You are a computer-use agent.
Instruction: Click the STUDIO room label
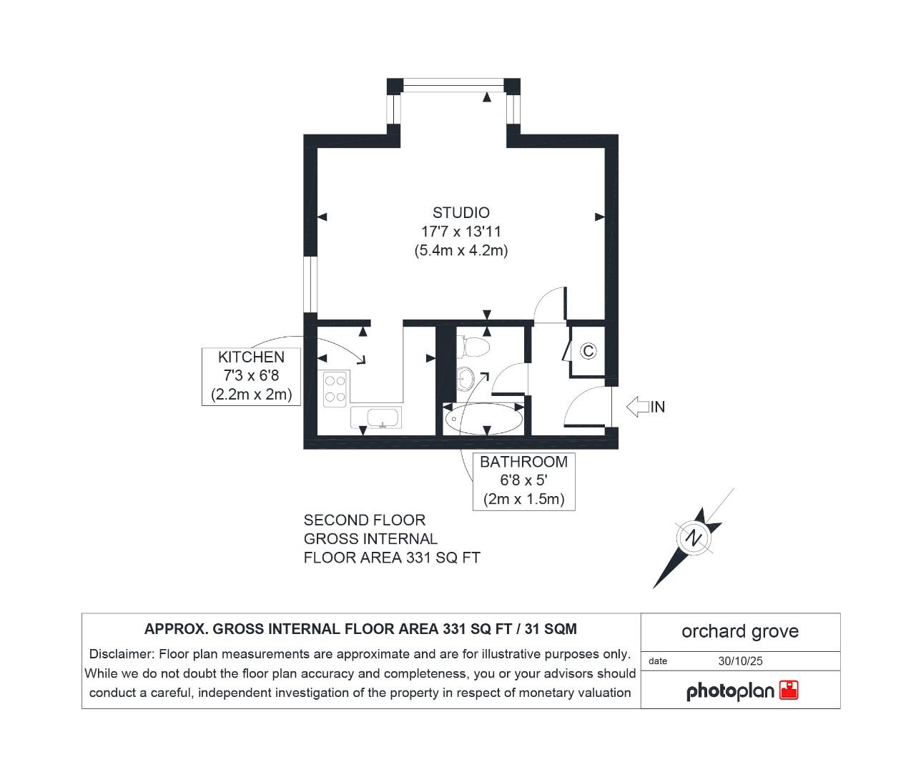[x=460, y=212]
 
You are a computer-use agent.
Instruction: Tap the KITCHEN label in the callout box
[x=251, y=357]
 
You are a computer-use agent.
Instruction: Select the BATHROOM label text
[x=523, y=462]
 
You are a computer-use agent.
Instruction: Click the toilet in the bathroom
[x=474, y=346]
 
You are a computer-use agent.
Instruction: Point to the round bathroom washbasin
[x=466, y=375]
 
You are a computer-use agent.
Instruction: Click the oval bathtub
[x=483, y=420]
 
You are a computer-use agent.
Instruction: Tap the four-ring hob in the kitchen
[x=335, y=389]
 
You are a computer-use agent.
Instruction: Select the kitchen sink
[x=376, y=417]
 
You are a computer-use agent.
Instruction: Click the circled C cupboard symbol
[x=588, y=351]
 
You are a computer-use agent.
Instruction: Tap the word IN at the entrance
[x=658, y=407]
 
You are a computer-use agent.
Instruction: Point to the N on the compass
[x=693, y=538]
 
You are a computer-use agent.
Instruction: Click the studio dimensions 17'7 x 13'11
[x=460, y=232]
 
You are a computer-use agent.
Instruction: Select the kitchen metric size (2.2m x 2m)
[x=251, y=394]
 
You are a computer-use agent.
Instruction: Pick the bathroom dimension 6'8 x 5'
[x=523, y=480]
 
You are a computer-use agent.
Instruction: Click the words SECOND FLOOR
[x=364, y=520]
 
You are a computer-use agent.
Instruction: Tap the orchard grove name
[x=739, y=631]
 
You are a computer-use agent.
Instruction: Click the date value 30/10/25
[x=740, y=661]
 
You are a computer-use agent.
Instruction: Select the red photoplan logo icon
[x=789, y=690]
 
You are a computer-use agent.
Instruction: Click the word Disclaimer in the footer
[x=119, y=654]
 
